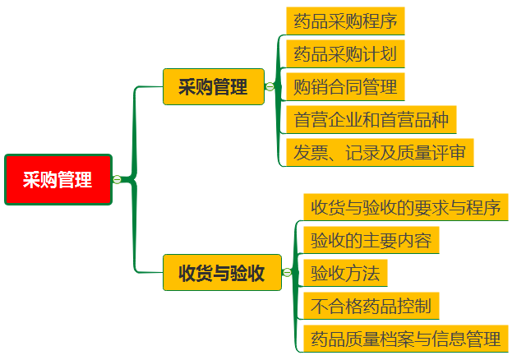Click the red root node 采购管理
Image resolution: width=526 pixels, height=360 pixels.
[x=58, y=179]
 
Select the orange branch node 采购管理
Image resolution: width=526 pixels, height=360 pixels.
[x=214, y=86]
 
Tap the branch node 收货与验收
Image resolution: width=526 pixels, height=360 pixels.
[x=222, y=273]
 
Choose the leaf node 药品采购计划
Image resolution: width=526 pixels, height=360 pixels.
[x=345, y=54]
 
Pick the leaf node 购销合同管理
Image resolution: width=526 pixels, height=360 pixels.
[x=345, y=86]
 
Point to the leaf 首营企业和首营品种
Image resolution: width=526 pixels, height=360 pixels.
[x=371, y=119]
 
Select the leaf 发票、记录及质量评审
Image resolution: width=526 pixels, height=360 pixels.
[x=379, y=152]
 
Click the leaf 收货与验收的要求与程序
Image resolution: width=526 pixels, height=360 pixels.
[x=405, y=206]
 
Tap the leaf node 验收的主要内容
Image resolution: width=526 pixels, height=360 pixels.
[x=371, y=240]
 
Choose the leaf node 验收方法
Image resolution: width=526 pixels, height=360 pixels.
[x=344, y=273]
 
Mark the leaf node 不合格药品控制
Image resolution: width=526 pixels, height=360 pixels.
[x=371, y=306]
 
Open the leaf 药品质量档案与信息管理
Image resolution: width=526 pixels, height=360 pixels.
[x=405, y=339]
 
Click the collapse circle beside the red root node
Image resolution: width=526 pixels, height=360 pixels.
[x=117, y=179]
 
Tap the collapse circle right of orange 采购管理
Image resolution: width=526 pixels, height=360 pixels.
[x=270, y=86]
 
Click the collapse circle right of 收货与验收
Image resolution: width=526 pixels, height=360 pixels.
[x=287, y=273]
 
